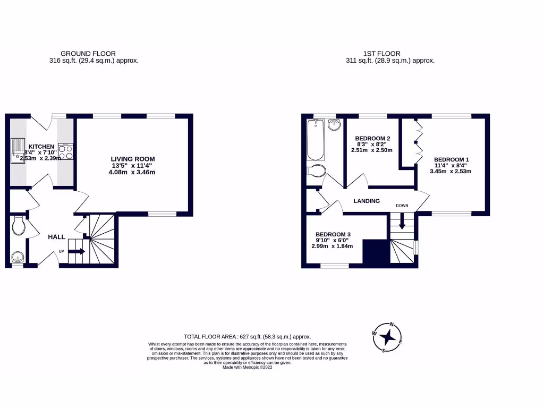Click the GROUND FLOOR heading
tap(88, 54)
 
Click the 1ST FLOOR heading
tap(381, 54)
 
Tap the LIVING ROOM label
tap(133, 159)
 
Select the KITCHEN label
tap(41, 146)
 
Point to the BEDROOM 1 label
tap(451, 159)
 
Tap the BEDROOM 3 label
tap(333, 234)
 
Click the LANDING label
tap(367, 201)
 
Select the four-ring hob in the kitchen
tap(66, 152)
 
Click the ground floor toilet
tap(18, 227)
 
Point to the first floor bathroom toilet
tap(317, 171)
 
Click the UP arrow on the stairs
tap(76, 251)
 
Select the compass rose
tap(389, 337)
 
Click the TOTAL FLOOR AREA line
tap(247, 337)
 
